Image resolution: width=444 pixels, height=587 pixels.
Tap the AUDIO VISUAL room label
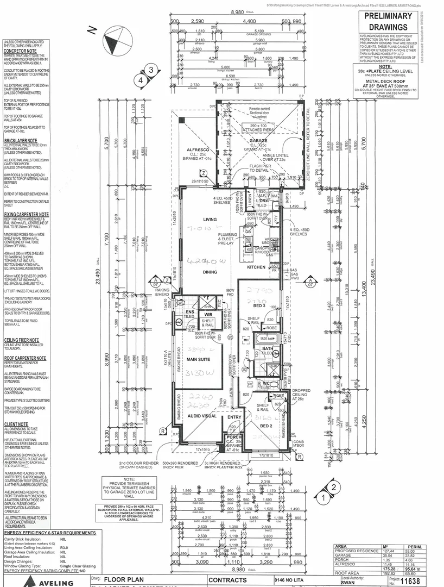tap(202, 416)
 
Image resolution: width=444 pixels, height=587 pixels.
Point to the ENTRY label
tap(235, 417)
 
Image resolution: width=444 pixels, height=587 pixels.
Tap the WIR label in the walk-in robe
tap(208, 314)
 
